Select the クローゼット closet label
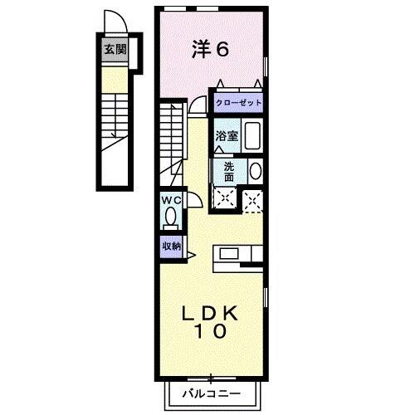coord(239,103)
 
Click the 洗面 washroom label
coord(229,170)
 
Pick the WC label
coord(171,201)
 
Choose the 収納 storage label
coord(171,246)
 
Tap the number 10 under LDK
coord(212,332)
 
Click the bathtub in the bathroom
coord(253,134)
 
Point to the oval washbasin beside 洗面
coord(255,171)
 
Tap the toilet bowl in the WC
coord(171,217)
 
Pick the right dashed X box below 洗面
coord(252,198)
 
